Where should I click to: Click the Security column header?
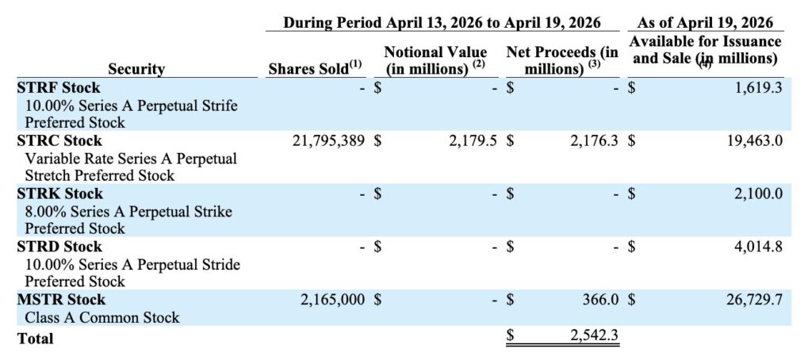point(136,69)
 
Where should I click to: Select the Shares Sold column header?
point(314,68)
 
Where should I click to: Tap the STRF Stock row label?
point(59,87)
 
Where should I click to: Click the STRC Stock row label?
point(59,140)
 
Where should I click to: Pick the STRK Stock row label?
point(60,193)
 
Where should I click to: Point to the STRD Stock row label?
point(59,246)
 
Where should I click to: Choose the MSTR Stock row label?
point(61,300)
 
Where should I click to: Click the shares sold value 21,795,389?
point(329,141)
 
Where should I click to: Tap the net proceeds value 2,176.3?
point(594,141)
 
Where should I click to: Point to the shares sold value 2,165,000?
point(332,300)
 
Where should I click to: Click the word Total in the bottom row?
point(35,339)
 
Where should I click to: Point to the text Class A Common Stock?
point(102,317)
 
